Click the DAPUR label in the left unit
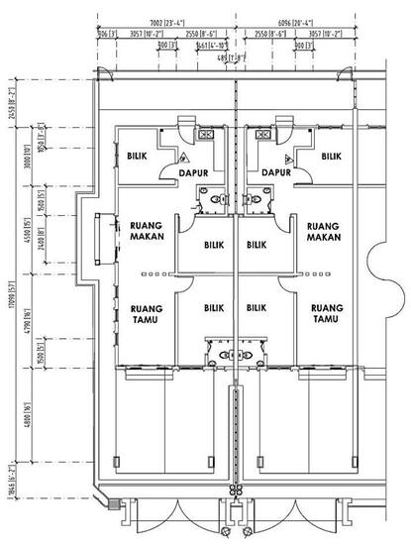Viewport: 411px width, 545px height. (x=198, y=171)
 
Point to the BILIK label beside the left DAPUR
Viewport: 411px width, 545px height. (x=139, y=156)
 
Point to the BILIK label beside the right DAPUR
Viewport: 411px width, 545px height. (x=330, y=156)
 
